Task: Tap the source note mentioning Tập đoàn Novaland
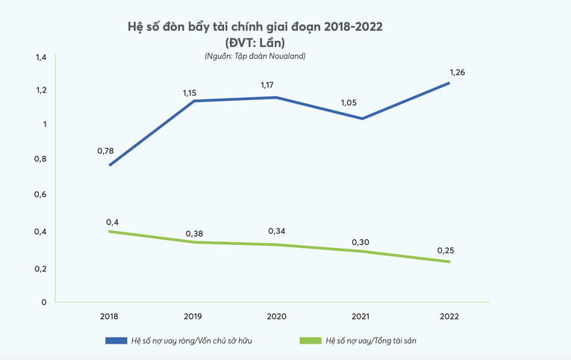255,56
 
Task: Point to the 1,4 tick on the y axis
40,57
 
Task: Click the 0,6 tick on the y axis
40,194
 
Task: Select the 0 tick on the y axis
44,302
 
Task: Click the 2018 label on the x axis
110,316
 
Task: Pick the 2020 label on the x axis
278,316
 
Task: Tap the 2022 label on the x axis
449,316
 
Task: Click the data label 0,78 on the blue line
105,151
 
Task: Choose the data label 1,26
458,72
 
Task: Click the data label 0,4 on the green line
112,222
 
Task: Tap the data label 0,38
194,233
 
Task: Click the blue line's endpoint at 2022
449,83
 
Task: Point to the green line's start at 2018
110,232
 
